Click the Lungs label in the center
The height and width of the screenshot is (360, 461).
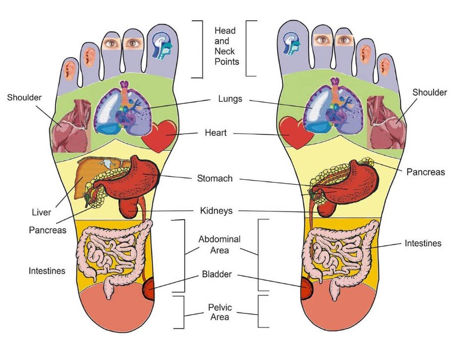pos(230,99)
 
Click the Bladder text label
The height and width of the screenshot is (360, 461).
pos(216,274)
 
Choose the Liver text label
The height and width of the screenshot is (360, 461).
pos(41,212)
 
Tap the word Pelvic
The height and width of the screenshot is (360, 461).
pos(220,307)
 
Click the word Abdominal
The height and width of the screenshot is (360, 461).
pos(219,239)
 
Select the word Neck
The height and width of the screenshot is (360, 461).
pos(225,51)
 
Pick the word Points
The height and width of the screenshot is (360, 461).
pos(227,62)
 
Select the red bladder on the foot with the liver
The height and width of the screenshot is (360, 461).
pos(149,290)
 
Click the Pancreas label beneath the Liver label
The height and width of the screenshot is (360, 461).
pos(48,230)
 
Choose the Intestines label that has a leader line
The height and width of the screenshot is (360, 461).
pos(422,243)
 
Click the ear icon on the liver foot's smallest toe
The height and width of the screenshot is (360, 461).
pos(70,69)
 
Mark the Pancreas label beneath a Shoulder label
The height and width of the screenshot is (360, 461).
pos(425,172)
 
